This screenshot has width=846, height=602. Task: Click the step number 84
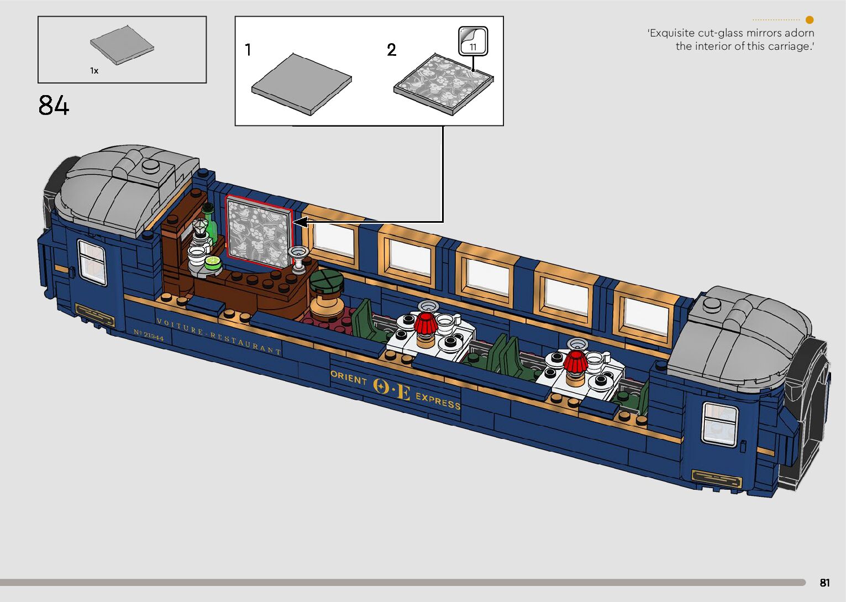54,105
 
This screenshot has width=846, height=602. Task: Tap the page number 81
824,583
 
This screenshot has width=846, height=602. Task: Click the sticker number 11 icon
473,41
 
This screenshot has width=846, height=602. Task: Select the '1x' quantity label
94,71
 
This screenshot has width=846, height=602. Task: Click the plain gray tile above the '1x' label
122,44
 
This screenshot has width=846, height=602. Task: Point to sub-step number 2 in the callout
391,50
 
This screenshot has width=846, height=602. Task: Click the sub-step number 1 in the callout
248,50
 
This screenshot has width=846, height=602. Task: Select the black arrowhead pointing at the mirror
300,222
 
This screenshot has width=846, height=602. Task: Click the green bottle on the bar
209,224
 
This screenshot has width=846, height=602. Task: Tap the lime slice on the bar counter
213,263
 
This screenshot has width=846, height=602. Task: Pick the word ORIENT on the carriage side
349,378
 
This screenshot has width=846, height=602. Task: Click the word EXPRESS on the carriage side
438,400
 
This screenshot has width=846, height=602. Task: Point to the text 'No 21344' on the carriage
148,335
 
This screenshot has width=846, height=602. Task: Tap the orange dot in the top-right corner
810,20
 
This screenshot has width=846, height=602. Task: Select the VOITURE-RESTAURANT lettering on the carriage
219,336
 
